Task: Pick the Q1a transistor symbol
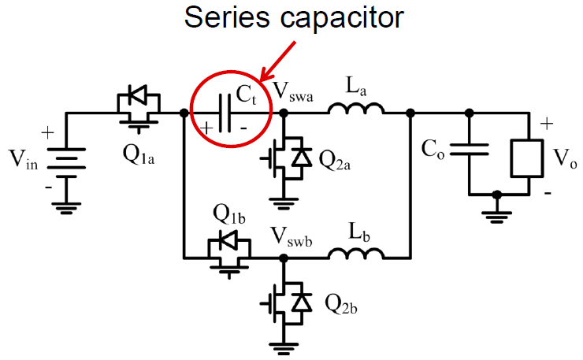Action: (x=139, y=106)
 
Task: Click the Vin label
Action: (x=25, y=161)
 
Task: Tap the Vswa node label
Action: (x=292, y=92)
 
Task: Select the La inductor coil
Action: (x=356, y=112)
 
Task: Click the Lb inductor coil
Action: (x=356, y=254)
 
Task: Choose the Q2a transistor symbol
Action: (x=285, y=158)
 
